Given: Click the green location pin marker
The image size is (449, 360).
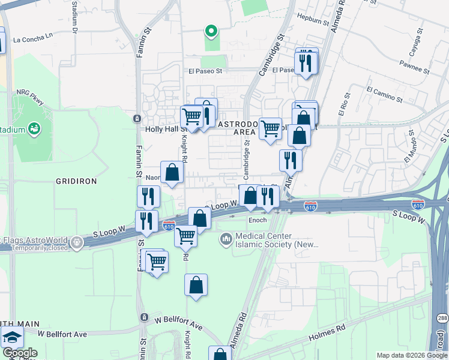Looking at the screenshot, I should point(211,31).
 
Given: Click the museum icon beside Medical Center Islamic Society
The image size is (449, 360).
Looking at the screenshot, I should point(226,239).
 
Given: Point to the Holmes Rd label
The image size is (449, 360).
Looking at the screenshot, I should point(327,329).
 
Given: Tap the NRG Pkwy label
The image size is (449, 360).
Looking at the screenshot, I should point(29,95).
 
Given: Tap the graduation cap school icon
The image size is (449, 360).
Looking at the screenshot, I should point(12,337).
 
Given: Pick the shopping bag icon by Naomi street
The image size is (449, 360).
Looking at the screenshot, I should point(172,173).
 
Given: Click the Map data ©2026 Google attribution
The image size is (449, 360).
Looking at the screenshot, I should point(412,355).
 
